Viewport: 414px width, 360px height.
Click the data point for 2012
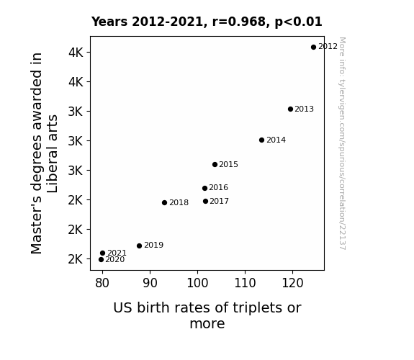[313, 48]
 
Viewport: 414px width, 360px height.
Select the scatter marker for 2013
[290, 109]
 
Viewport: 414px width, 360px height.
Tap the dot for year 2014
[261, 140]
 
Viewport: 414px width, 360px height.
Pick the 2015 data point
[215, 165]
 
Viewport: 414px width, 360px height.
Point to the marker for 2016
[204, 189]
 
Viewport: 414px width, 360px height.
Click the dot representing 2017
[205, 202]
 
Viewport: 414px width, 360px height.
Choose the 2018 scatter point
[164, 202]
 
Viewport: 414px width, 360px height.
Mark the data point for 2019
[140, 246]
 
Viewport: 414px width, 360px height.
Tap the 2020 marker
[101, 260]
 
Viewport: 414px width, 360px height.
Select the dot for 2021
[103, 253]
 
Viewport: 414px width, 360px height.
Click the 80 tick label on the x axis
[102, 283]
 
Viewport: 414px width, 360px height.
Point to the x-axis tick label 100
[197, 283]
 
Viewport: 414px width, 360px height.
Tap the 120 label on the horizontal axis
[292, 283]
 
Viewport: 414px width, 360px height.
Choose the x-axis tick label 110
[245, 283]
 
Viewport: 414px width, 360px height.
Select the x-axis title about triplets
[207, 315]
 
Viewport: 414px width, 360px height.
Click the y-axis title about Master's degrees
[44, 153]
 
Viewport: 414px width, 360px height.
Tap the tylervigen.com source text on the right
[342, 143]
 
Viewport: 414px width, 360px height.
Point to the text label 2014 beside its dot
[276, 140]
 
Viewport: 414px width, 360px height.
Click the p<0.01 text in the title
[298, 22]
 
